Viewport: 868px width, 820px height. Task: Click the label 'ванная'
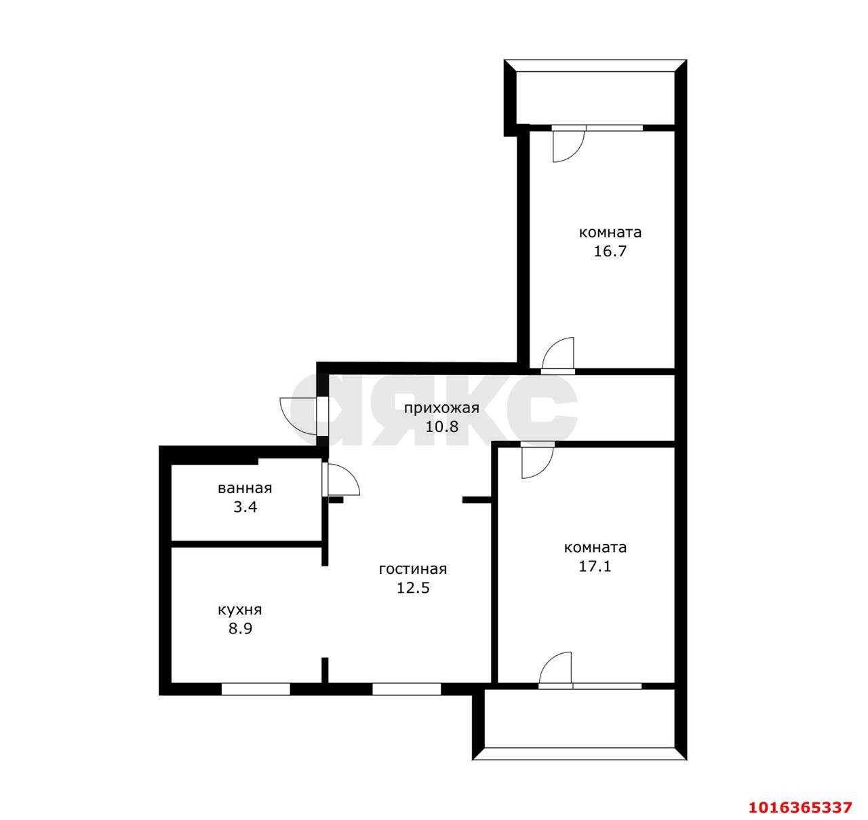point(245,488)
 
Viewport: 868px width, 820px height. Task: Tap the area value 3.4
point(245,507)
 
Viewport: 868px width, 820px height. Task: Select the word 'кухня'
point(240,610)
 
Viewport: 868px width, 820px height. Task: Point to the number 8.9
point(240,629)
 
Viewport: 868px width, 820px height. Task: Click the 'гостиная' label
point(413,569)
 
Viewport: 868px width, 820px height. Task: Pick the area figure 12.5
point(413,588)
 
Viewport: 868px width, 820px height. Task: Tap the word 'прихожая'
point(441,408)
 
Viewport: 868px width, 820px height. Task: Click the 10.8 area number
point(442,427)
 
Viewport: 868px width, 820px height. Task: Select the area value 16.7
point(610,252)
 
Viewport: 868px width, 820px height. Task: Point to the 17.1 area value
point(595,567)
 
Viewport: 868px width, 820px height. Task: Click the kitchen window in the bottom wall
point(256,689)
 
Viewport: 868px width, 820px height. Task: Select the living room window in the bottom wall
point(406,689)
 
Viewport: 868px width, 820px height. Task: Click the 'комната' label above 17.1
point(595,547)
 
